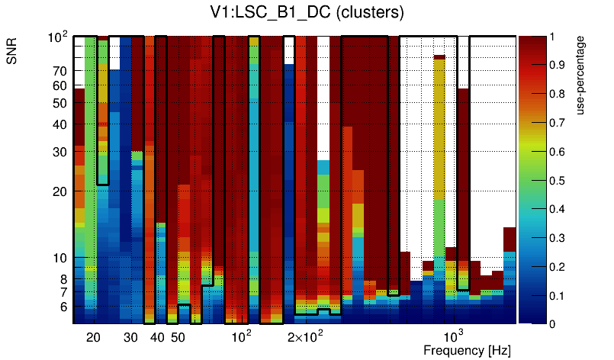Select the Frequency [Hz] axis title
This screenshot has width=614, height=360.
467,350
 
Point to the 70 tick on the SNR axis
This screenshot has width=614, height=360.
59,71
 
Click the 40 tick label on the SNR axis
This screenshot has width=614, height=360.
59,124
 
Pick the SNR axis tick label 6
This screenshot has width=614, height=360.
63,307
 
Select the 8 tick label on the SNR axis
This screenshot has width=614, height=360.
63,278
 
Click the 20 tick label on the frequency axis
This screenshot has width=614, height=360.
93,337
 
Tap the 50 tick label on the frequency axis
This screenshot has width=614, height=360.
177,337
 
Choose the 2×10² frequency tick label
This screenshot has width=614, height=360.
305,337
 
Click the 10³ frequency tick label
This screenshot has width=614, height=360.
454,336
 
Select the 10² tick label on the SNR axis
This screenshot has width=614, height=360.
58,37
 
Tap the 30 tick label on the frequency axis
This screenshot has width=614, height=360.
130,337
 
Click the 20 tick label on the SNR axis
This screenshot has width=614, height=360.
59,191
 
